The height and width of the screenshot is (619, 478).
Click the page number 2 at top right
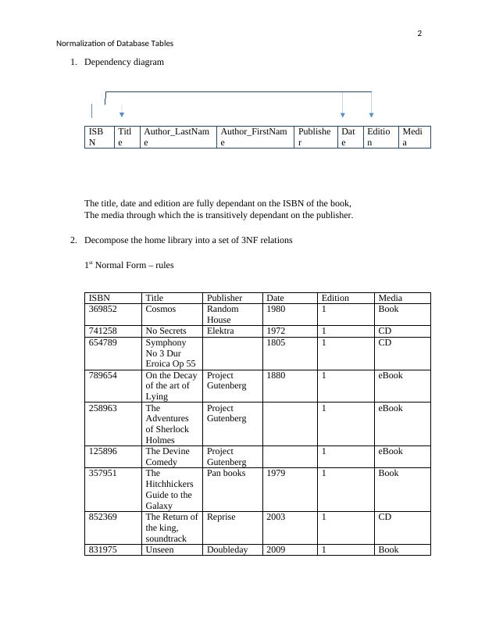click(419, 34)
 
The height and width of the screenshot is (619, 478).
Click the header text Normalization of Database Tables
click(116, 44)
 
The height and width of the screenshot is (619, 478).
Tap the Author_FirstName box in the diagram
click(254, 137)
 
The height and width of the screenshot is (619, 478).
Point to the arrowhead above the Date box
click(343, 116)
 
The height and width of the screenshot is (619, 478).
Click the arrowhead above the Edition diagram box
click(371, 116)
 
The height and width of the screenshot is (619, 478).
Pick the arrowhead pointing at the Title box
click(122, 116)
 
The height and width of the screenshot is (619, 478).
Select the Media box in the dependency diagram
click(414, 137)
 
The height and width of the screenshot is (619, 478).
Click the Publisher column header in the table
click(224, 298)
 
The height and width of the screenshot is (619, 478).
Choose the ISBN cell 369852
click(102, 309)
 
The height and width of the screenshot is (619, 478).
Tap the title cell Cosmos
click(159, 309)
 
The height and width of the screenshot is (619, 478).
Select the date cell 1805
click(276, 342)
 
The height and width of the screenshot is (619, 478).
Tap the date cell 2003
click(276, 517)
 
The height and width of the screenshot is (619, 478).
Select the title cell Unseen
click(159, 549)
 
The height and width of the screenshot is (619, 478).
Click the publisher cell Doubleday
click(227, 549)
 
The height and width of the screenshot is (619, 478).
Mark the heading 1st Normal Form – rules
click(129, 265)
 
